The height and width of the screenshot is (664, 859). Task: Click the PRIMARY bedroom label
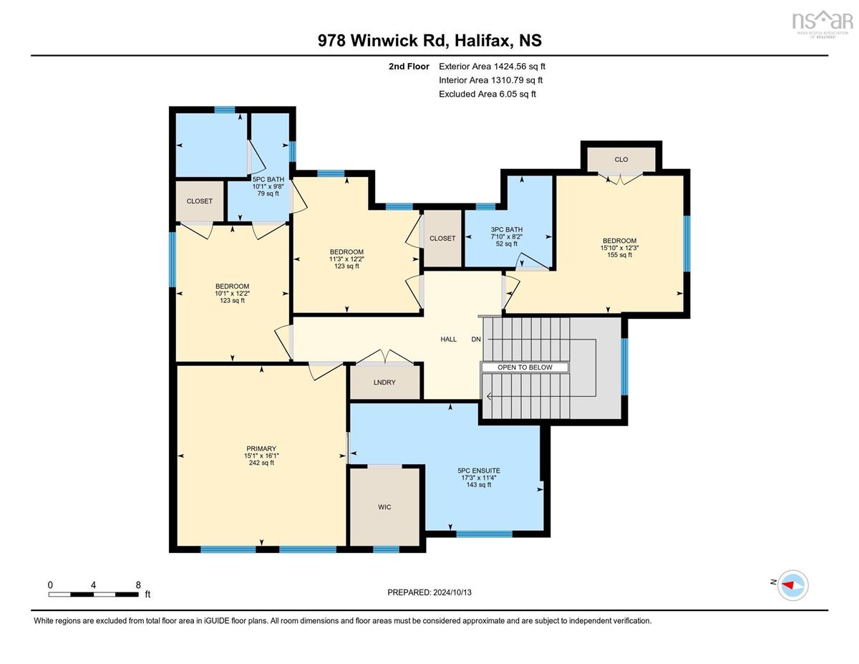point(261,448)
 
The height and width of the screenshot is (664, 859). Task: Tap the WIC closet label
point(384,507)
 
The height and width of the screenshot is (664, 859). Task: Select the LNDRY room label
point(384,382)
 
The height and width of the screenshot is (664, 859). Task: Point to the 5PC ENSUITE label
point(478,471)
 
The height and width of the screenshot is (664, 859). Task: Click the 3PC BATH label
point(506,229)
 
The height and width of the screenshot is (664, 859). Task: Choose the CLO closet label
point(621,160)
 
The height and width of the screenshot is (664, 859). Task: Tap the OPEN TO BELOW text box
point(525,367)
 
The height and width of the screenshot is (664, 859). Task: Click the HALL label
point(448,340)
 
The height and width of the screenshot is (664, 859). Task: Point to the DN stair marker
point(476,340)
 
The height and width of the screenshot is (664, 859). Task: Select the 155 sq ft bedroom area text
point(619,255)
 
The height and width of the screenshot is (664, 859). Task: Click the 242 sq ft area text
point(261,463)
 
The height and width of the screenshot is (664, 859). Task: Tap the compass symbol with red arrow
point(792,585)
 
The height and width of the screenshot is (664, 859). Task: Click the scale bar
point(93,595)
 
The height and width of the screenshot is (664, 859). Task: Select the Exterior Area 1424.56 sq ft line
point(492,67)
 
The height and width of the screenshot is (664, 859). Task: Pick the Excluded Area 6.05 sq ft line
point(487,94)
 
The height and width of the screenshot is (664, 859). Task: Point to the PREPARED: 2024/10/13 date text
point(429,592)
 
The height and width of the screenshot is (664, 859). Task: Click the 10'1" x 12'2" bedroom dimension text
point(232,294)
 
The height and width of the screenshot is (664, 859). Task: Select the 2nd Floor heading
point(409,67)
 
